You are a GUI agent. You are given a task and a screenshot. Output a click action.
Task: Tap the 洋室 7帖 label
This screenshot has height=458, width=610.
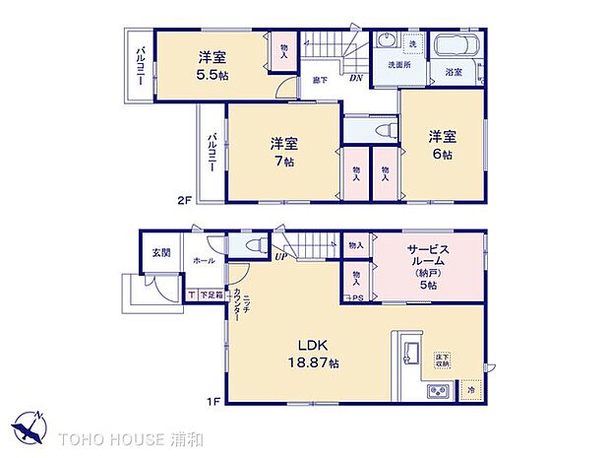coord(285,158)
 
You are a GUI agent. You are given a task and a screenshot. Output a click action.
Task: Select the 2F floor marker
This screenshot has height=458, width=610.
coord(183,201)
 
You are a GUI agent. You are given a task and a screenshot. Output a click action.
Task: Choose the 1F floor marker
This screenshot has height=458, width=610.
coord(212,401)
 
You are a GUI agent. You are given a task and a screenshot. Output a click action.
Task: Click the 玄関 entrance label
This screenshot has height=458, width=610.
coord(160,252)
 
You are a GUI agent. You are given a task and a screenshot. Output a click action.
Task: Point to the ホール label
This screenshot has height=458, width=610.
coord(204,261)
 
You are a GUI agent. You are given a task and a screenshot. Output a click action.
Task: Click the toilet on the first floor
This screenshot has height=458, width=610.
coord(250,246)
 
